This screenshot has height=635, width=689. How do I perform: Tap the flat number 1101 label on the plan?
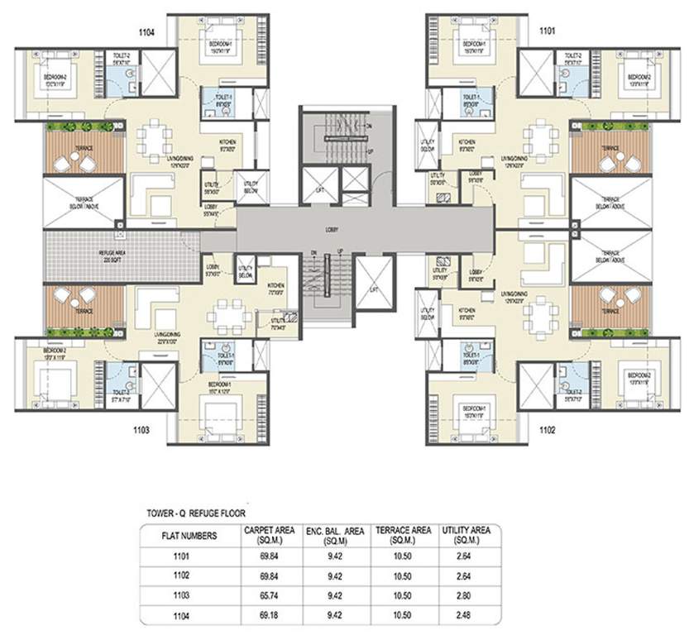click(x=548, y=31)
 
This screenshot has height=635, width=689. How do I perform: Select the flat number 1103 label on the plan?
click(x=146, y=430)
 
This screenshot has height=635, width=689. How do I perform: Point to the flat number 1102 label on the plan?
click(x=548, y=430)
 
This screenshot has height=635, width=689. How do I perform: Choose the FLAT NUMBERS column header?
click(x=189, y=535)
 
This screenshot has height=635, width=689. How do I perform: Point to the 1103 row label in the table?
click(x=189, y=594)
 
